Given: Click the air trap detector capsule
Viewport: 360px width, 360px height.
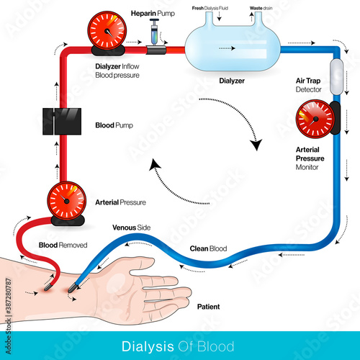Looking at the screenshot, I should pos(336,75).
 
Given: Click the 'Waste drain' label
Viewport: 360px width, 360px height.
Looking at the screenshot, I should pos(261,6).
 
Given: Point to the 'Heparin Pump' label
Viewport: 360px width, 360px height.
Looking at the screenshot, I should pos(152,14).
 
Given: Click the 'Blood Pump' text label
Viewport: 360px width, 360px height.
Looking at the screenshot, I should pos(114,124).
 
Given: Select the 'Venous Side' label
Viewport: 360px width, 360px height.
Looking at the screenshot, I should pos(130,228).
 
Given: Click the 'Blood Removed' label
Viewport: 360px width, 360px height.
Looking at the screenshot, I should pos(63,245).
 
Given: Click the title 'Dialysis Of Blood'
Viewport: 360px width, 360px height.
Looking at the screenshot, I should pos(180,344).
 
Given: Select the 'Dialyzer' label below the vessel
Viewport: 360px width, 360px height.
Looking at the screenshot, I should pos(233,81).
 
